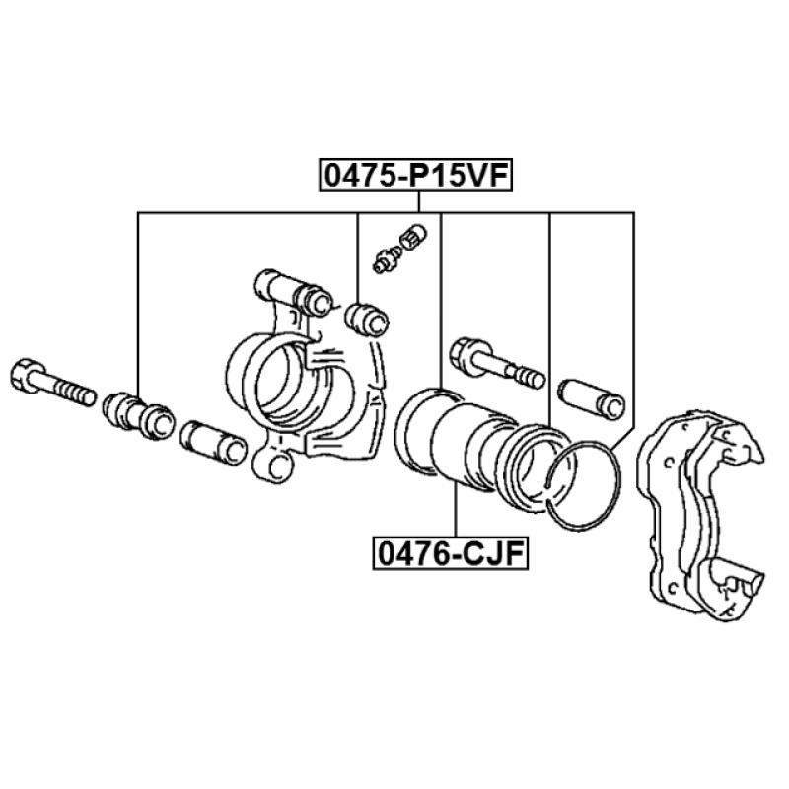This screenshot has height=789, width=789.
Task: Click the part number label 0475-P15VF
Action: click(415, 176)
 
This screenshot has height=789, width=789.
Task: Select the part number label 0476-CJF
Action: click(451, 553)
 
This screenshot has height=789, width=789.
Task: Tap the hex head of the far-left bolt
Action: click(24, 374)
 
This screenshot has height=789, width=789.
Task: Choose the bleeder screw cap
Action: click(413, 237)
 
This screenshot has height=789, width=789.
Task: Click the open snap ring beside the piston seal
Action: click(584, 484)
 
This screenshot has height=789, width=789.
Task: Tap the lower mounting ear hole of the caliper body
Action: click(276, 466)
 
